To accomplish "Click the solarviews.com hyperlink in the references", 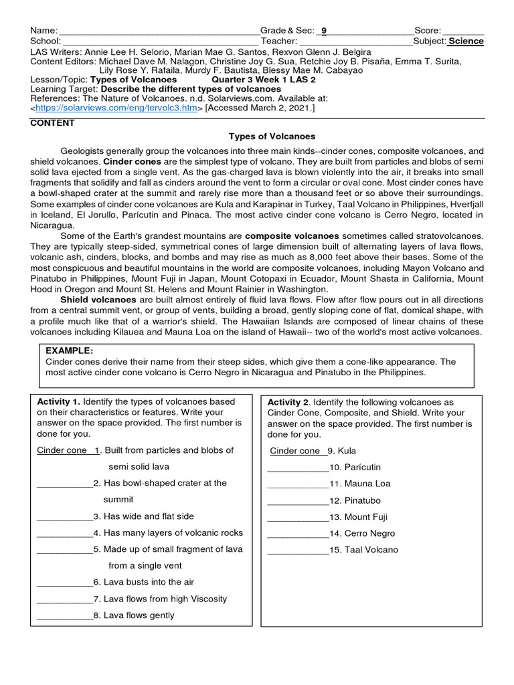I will click(116, 108).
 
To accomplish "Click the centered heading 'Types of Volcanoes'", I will click(272, 136).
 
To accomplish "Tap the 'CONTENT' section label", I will click(52, 123).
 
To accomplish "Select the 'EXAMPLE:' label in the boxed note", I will click(69, 351).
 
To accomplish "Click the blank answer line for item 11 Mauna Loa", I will click(298, 484).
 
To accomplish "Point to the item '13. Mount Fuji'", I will click(358, 517).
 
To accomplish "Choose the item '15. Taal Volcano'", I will click(363, 550).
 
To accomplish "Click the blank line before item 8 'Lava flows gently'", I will click(65, 615).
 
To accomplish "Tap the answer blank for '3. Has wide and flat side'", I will click(65, 516).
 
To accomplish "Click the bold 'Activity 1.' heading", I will click(59, 401).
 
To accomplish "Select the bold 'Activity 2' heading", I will click(288, 402).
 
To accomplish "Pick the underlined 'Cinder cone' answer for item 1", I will click(62, 450).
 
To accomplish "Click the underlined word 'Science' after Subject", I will click(466, 41).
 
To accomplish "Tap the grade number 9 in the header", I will click(324, 31).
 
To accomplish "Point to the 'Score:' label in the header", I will click(428, 31).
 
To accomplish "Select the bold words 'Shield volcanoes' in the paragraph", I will click(98, 300).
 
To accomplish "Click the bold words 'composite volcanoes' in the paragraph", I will click(292, 236).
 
